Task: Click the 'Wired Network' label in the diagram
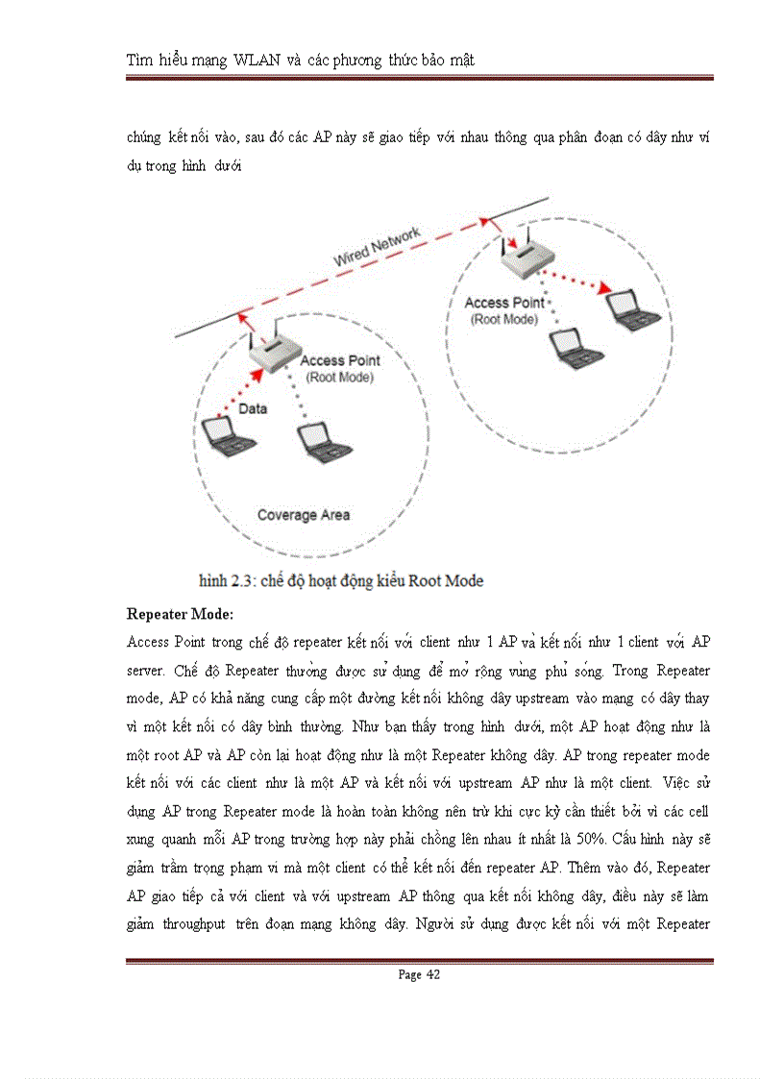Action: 378,247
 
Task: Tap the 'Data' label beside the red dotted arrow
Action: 253,408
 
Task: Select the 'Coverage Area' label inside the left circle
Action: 304,515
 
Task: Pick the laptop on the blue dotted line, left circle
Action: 324,441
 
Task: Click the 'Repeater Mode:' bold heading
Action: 179,614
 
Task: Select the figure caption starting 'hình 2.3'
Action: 340,580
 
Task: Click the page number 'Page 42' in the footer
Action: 419,974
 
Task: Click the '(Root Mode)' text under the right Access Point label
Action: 503,319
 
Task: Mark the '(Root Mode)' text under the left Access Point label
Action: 339,377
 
